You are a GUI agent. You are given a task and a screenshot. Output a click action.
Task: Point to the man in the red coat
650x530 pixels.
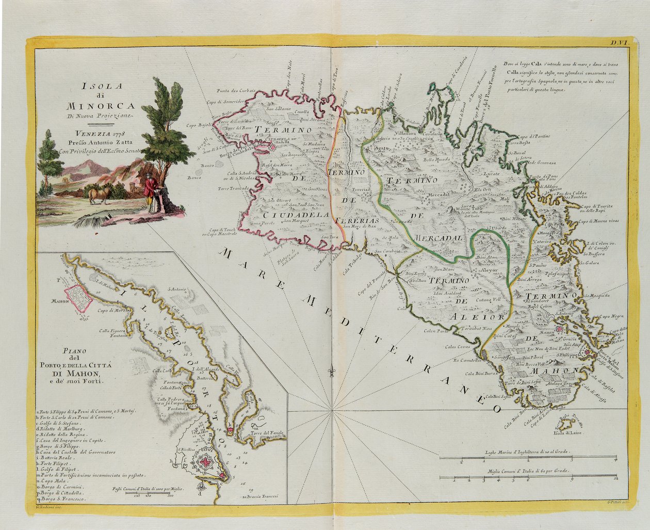pos(149,192)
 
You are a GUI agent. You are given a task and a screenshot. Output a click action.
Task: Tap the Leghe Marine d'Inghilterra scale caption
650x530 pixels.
pos(528,452)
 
